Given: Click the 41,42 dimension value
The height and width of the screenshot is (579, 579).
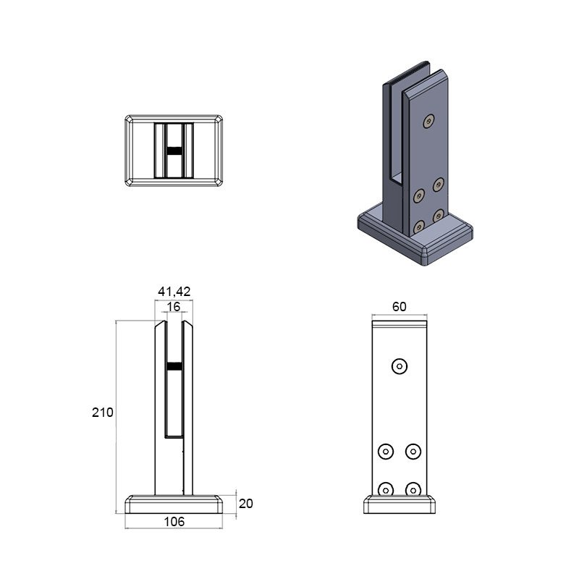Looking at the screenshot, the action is click(174, 292).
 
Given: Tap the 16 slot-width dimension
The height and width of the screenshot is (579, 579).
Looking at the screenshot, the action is click(174, 307).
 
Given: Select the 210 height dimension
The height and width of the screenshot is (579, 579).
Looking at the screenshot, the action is click(102, 412).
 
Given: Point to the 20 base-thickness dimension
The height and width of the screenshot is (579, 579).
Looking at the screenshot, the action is click(246, 503).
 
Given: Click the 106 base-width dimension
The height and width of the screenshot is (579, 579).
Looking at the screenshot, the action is click(174, 522).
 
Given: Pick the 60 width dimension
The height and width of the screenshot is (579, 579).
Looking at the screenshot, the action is click(400, 306).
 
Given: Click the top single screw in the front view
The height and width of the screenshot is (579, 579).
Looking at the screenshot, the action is click(400, 366).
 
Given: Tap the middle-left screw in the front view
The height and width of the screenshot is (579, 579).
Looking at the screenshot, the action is click(386, 451).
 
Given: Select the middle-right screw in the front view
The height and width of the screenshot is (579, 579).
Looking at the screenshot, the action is click(413, 451).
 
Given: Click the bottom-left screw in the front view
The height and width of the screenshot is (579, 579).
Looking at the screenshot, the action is click(386, 489).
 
